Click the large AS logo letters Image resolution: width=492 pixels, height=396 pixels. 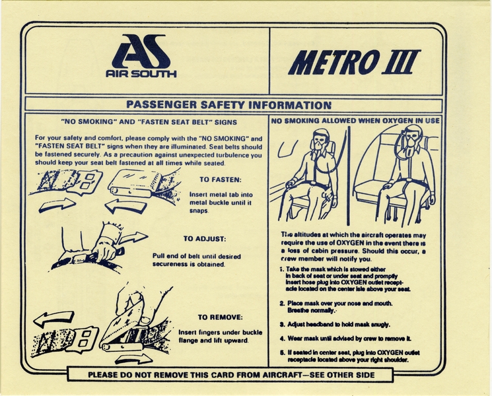141,51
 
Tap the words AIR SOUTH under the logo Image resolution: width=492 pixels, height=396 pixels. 141,74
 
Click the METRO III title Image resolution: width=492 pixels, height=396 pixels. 354,63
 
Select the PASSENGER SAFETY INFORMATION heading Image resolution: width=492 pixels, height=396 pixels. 228,105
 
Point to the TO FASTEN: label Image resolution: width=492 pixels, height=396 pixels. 220,179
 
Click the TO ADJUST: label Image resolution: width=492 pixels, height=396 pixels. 205,239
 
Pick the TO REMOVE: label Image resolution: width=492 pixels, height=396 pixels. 220,317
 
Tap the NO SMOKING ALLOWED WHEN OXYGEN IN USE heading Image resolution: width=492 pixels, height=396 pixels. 355,121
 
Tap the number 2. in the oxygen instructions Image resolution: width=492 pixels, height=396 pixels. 281,303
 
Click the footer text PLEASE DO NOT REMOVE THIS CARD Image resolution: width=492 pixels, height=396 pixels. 231,375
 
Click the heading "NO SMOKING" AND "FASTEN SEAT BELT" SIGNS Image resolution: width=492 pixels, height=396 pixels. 149,122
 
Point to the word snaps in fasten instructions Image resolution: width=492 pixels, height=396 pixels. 199,211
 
